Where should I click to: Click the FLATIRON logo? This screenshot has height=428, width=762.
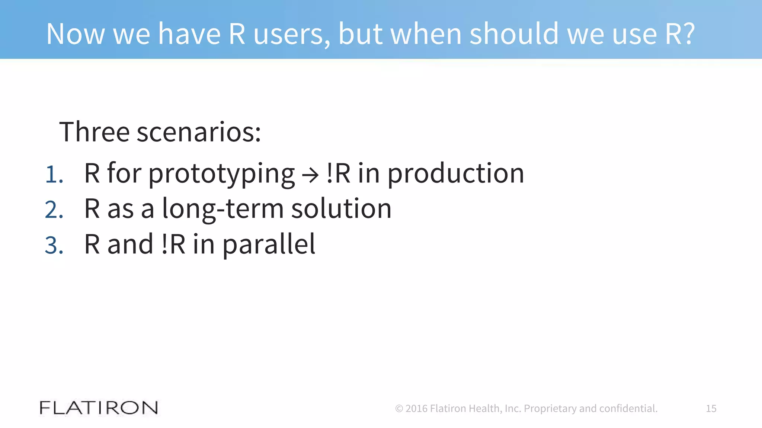[x=99, y=408]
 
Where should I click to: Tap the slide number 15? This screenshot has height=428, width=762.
[x=711, y=408]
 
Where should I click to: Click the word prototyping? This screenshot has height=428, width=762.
[x=222, y=174]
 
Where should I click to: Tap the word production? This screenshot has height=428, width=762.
[x=456, y=174]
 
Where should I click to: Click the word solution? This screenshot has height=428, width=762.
[x=341, y=209]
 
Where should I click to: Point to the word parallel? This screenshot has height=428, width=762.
[x=269, y=244]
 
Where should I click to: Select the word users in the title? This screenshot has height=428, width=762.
[x=291, y=35]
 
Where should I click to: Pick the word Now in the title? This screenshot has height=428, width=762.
[x=76, y=34]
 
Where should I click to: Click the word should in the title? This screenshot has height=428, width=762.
[x=514, y=34]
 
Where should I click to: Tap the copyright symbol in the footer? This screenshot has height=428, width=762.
[x=399, y=409]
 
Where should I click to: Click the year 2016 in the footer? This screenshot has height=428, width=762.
[x=416, y=409]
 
